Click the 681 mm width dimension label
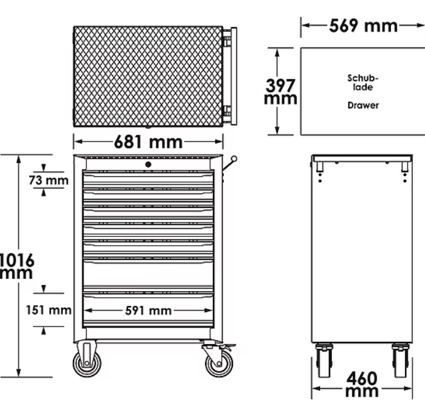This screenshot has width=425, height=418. click(148, 142)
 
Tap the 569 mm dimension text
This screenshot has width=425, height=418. click(363, 26)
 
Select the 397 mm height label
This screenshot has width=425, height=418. click(280, 91)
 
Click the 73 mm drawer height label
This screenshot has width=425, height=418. click(49, 180)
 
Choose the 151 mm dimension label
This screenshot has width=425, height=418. click(49, 310)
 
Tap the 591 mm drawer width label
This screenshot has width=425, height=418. click(148, 311)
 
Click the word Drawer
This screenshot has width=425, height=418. click(363, 105)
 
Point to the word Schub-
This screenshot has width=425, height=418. click(363, 78)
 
